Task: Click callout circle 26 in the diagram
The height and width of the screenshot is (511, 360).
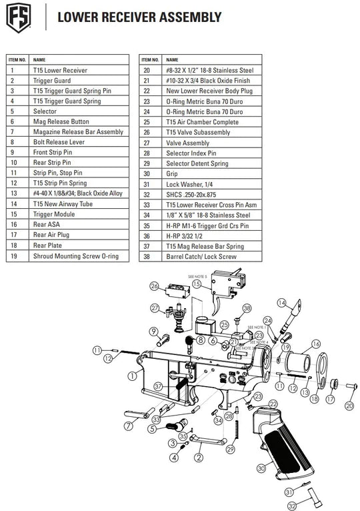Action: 154,286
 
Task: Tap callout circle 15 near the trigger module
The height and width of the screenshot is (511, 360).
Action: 197,284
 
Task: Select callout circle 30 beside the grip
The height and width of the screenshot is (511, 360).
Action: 261,468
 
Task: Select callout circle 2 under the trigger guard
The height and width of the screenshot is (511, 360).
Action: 197,458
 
